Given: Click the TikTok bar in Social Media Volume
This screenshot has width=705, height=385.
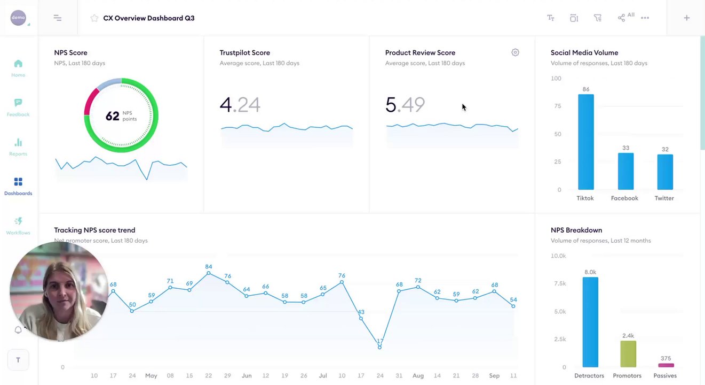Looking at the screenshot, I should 585,142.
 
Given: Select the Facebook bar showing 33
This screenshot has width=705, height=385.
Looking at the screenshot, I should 625,171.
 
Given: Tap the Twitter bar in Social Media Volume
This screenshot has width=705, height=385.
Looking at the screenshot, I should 664,172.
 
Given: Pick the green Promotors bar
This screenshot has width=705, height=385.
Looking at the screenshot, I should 628,353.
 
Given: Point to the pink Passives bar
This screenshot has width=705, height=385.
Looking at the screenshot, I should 666,365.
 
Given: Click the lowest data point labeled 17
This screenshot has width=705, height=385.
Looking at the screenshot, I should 379,348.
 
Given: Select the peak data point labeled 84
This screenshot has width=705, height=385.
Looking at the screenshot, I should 208,273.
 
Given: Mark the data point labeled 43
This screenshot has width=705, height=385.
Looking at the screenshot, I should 361,319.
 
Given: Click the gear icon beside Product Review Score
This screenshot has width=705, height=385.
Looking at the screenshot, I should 515,52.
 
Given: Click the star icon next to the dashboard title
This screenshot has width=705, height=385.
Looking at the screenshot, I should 94,18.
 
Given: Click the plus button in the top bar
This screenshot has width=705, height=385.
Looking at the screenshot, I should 687,18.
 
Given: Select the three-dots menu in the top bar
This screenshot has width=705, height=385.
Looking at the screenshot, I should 645,18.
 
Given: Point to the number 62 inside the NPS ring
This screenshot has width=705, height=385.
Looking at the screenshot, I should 112,116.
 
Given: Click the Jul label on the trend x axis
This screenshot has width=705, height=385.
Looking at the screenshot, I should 323,376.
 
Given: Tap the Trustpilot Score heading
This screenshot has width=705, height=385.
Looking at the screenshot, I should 244,52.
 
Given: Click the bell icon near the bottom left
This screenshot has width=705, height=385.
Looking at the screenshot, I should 18,330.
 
